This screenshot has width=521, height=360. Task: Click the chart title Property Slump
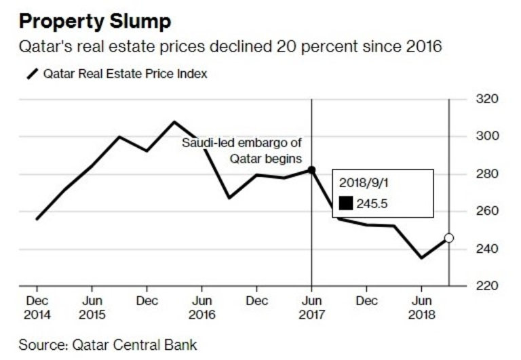94,21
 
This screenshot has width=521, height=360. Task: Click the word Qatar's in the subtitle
44,47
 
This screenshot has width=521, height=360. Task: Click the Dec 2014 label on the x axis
37,307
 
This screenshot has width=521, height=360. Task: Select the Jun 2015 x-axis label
92,307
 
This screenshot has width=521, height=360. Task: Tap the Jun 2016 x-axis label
201,307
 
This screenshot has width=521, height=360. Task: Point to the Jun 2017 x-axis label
311,307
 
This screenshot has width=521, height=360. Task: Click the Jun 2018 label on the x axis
421,307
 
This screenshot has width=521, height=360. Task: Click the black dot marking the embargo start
311,170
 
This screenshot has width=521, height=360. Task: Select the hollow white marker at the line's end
449,238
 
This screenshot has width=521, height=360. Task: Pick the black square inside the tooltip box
346,202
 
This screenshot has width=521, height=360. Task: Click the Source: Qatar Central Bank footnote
107,345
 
